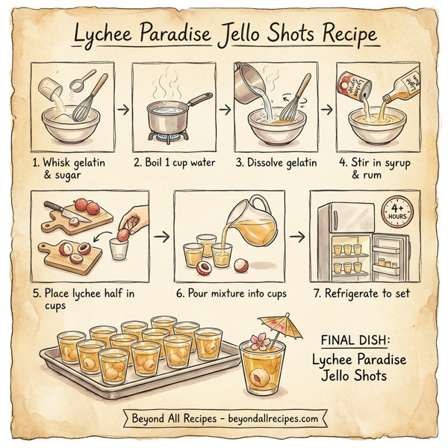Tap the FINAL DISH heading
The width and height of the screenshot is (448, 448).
coord(358,340)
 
